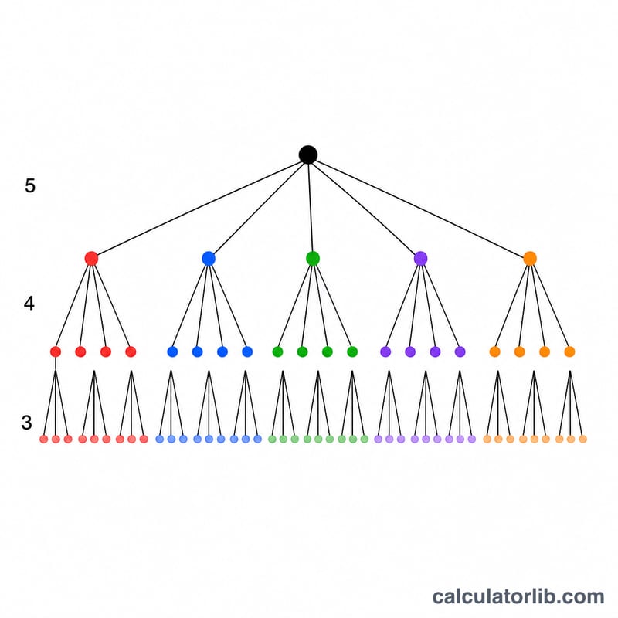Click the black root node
coord(308,154)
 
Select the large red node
coord(91,259)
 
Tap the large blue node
coord(209,259)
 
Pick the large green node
coord(313,259)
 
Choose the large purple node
coord(421,259)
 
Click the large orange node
coord(530,259)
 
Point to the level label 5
coord(30,185)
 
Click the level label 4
coord(29,304)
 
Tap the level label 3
coord(26,423)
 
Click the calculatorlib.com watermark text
coord(518,596)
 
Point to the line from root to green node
coord(311,206)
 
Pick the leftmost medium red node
coord(56,351)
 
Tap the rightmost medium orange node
coord(569,351)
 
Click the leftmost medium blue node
coord(172,351)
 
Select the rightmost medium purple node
coord(460,351)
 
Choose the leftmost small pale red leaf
coord(44,439)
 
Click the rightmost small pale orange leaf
coord(582,439)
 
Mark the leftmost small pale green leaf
coord(272,439)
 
